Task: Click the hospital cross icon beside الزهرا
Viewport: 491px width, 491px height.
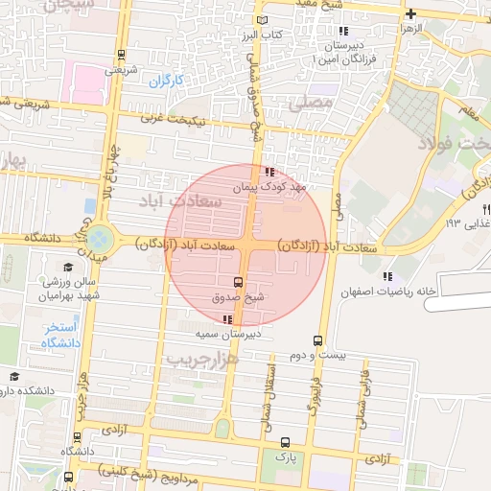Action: point(410,13)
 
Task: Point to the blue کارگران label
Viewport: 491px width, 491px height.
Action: point(165,81)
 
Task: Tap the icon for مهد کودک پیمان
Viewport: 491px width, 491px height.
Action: point(268,173)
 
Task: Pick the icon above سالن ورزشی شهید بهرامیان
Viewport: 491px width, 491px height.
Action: point(68,268)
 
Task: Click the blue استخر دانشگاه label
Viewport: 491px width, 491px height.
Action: point(59,335)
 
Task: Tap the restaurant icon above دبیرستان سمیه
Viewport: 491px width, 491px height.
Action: point(226,319)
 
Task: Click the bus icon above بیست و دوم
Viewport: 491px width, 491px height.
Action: point(317,340)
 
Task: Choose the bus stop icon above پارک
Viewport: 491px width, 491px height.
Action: point(285,442)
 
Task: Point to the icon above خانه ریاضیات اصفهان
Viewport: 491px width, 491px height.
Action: point(388,275)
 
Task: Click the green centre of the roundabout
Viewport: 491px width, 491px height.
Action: point(101,237)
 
